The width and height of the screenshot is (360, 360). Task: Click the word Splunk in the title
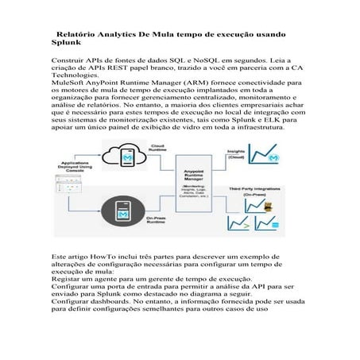coord(63,45)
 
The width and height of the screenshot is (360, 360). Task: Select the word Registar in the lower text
coord(67,281)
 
